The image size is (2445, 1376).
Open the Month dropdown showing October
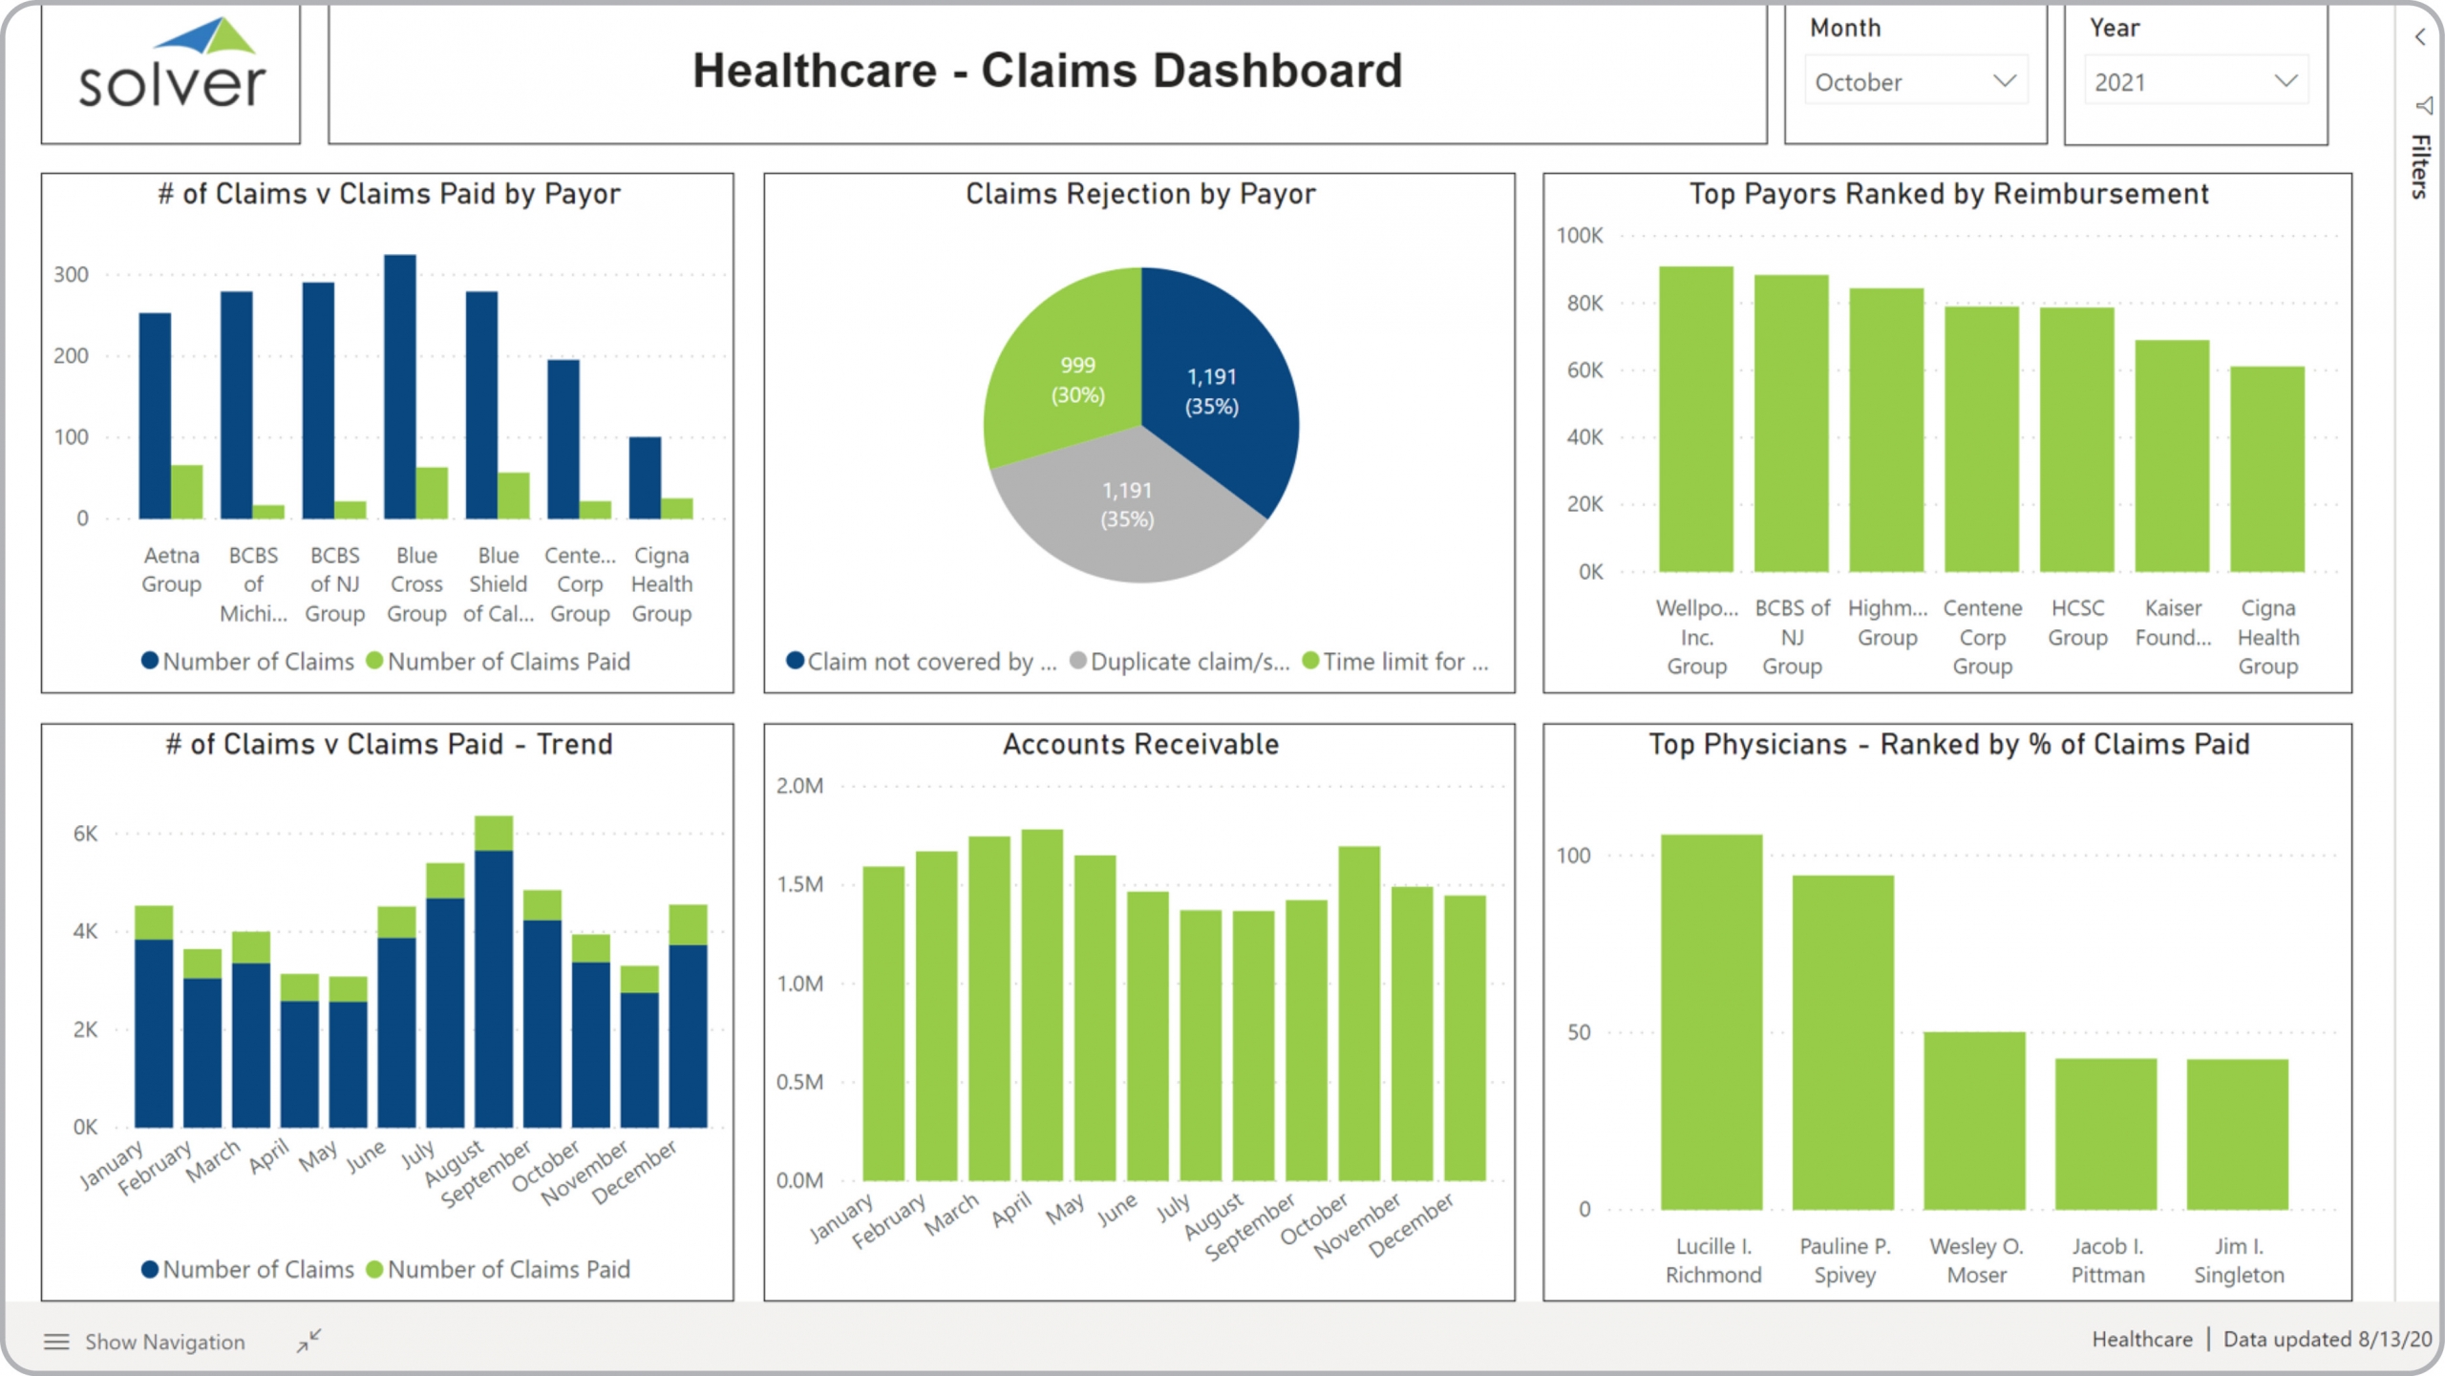click(1914, 82)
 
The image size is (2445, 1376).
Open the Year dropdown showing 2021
click(2195, 82)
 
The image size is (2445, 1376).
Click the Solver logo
click(171, 67)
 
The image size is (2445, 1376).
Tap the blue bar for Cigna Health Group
click(645, 477)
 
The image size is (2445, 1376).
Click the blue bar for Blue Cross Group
click(400, 387)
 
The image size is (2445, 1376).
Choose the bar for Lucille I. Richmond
click(1711, 1022)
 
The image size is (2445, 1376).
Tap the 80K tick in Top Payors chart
click(1584, 304)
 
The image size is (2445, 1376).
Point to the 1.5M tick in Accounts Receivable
click(799, 884)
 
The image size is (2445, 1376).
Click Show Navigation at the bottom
click(164, 1342)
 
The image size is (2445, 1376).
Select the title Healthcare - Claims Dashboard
click(1047, 71)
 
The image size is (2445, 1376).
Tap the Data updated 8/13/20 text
click(2327, 1339)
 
